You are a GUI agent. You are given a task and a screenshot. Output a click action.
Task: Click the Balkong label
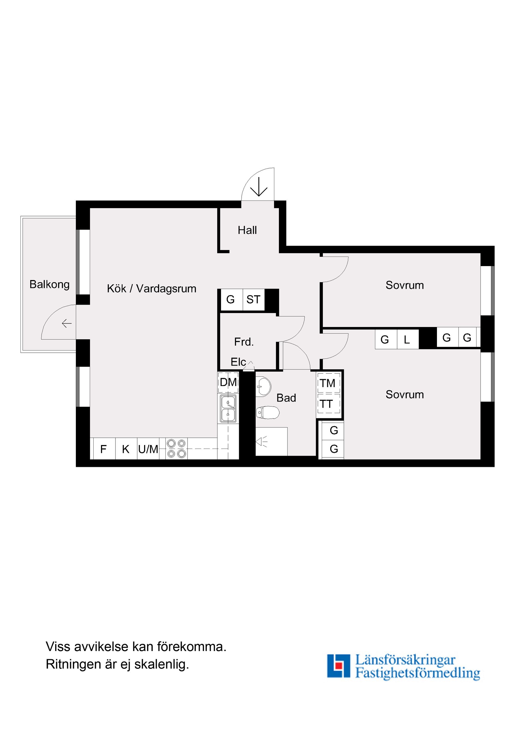[49, 284]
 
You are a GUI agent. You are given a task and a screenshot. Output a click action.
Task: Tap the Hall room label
[247, 230]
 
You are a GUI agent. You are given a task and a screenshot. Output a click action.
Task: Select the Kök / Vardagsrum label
[151, 288]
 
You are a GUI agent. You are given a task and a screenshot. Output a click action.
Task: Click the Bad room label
[286, 398]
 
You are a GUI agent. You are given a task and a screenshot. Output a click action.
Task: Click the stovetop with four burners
[176, 449]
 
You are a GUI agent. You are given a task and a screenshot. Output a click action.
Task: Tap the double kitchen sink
[228, 408]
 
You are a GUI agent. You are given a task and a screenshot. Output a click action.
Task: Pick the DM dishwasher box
[228, 382]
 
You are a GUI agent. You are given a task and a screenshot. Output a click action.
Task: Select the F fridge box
[103, 449]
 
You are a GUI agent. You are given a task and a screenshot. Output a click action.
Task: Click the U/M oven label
[148, 449]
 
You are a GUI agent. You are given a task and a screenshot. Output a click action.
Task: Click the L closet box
[407, 340]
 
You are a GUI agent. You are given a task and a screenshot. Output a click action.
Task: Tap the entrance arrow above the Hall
[259, 187]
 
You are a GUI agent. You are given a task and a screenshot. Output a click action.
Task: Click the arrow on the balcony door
[67, 323]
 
